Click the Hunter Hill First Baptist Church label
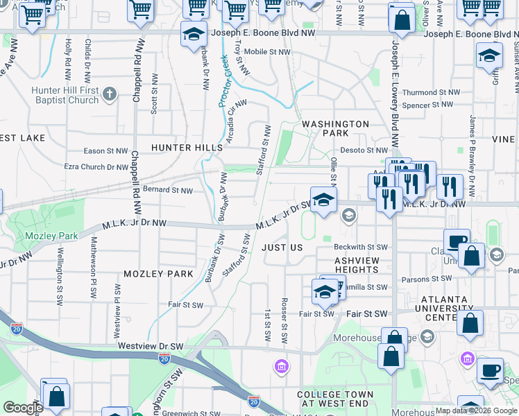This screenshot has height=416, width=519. tap(65, 96)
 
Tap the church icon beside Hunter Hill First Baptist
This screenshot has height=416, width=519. tap(109, 94)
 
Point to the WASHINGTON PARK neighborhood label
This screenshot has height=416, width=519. tap(335, 128)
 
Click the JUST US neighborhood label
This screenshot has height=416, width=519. tap(282, 248)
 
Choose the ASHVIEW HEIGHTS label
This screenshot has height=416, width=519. tap(360, 265)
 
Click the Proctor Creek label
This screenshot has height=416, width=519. tap(224, 81)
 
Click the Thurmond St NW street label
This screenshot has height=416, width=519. tap(431, 92)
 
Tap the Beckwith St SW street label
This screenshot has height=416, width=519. tap(360, 247)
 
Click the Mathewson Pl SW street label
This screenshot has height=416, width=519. tap(92, 268)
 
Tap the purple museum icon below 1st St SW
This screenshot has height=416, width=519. tap(282, 365)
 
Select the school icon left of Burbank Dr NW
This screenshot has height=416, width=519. tap(193, 34)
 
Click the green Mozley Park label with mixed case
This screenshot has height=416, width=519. tap(51, 236)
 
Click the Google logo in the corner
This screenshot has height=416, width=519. tap(22, 408)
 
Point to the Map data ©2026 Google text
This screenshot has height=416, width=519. tap(476, 410)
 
